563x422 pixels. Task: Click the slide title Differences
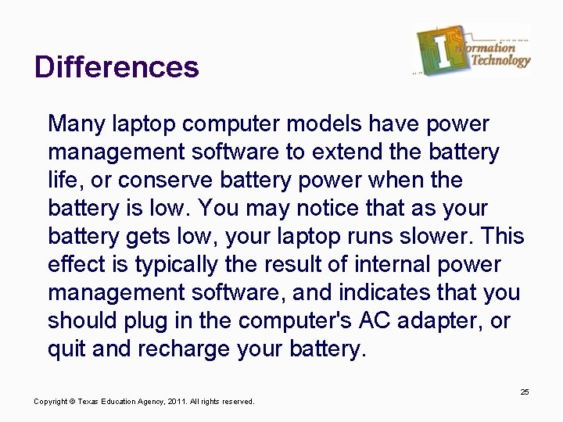pyautogui.click(x=117, y=67)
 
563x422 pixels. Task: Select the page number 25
pyautogui.click(x=525, y=392)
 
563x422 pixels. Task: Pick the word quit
pyautogui.click(x=67, y=349)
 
